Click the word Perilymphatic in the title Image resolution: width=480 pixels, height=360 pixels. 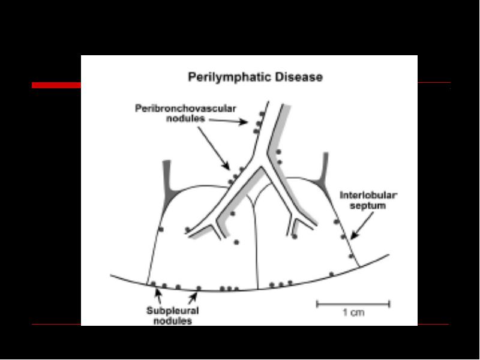pos(230,77)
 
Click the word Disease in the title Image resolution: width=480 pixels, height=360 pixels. pos(299,77)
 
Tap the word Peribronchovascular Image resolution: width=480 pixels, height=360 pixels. pos(185,109)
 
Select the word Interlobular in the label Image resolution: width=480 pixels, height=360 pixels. pos(368,196)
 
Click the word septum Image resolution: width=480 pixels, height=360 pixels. pos(368,205)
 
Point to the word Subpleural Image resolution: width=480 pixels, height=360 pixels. pos(173,311)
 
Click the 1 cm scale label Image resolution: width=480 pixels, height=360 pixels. pos(353,313)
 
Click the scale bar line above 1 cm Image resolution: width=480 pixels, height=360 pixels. pos(353,304)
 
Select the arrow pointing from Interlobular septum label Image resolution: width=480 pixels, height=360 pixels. pos(362,226)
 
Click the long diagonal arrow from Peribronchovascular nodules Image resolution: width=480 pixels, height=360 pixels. pos(214,148)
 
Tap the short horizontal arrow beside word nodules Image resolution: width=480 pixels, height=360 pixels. pos(229,121)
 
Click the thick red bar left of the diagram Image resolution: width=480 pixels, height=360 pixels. pos(56,85)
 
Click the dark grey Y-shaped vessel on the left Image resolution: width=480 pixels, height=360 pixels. pos(168,187)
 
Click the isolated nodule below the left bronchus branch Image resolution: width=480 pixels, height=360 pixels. pos(236,242)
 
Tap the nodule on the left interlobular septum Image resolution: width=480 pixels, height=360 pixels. pos(161,229)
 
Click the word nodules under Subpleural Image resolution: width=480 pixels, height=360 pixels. pos(173,321)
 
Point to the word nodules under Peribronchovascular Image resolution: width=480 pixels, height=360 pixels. pos(185,118)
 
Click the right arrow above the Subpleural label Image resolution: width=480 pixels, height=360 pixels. pos(193,298)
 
